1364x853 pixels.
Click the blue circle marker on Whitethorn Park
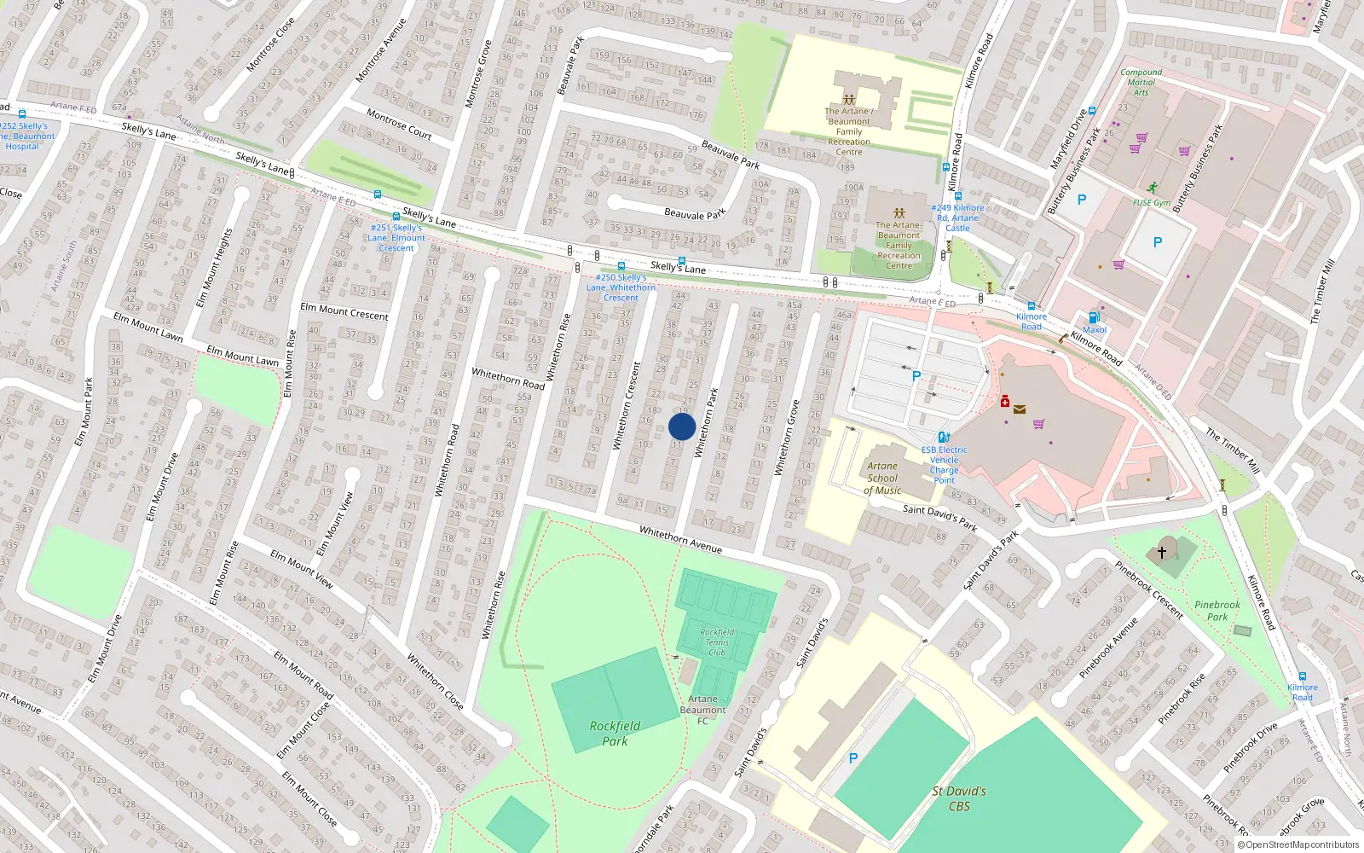(682, 426)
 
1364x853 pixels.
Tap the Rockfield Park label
(615, 734)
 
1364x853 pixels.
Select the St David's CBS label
(959, 798)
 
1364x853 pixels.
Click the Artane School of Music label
(882, 479)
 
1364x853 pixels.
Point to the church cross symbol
(1161, 553)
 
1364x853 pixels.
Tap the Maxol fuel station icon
(1094, 317)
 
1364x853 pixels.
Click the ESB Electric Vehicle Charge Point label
(944, 465)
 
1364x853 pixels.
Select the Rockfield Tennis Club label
(717, 642)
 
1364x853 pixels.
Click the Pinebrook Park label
(1217, 611)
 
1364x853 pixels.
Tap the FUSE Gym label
(1151, 203)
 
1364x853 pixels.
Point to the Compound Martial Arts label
(1141, 82)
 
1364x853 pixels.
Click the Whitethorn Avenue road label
(680, 540)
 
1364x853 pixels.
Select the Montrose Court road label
(399, 124)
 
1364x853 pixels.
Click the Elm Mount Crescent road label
(344, 311)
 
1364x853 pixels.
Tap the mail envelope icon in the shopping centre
(1020, 409)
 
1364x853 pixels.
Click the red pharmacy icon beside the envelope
(1005, 401)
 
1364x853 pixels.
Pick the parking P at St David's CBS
(853, 757)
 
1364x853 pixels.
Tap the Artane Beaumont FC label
(702, 710)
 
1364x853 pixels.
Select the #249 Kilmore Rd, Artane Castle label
(957, 218)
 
